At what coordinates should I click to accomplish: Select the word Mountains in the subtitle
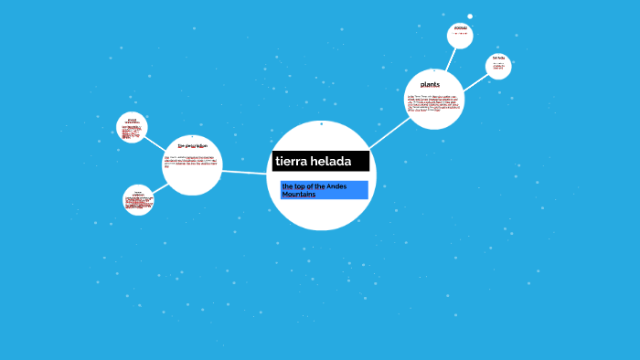tap(299, 195)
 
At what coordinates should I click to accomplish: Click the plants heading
tap(430, 85)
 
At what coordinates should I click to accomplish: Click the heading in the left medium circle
tap(192, 145)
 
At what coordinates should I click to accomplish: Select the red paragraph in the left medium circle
tap(192, 162)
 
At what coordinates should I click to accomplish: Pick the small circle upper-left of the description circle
tap(132, 128)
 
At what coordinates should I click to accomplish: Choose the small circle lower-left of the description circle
tap(138, 200)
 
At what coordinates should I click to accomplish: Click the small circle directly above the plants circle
tap(460, 36)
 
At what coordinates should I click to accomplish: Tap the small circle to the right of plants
tap(498, 66)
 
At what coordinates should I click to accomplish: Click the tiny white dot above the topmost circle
tap(470, 16)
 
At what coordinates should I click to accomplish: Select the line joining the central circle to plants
tap(389, 133)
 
